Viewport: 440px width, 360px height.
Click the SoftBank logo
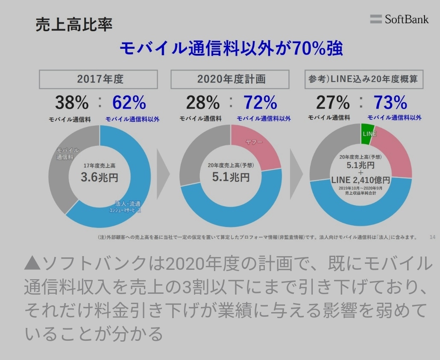tap(399, 19)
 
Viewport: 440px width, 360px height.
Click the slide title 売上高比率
tap(74, 25)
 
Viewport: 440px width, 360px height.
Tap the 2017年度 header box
tap(99, 79)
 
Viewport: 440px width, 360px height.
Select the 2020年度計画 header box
tap(231, 79)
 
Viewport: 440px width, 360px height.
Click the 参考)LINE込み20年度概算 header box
tap(364, 79)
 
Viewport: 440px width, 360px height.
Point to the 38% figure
tap(72, 103)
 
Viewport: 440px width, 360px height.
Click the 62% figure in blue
tap(129, 103)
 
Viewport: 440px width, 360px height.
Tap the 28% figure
tap(203, 103)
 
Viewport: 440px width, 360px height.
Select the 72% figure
tap(260, 103)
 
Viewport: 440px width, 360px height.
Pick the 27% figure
tap(333, 103)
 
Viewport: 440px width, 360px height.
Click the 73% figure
tap(390, 103)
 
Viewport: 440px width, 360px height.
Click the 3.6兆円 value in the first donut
tap(100, 177)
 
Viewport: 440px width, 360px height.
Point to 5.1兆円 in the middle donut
tap(231, 177)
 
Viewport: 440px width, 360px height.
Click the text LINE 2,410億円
tap(361, 180)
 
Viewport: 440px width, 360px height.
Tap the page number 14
tap(432, 237)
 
